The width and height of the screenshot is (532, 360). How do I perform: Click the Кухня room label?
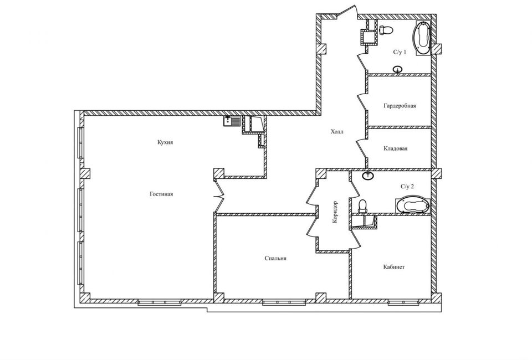point(165,142)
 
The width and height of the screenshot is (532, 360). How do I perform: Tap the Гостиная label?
point(161,194)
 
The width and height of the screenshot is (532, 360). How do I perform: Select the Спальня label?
point(275,258)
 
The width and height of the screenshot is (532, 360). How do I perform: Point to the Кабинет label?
point(394,267)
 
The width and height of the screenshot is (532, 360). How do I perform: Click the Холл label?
point(337,131)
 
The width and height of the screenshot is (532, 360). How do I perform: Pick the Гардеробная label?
point(400,106)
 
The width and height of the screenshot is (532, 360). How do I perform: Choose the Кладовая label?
point(396,148)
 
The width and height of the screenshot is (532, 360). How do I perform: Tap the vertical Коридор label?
point(335,212)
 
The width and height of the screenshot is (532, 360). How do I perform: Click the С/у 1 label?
point(400,52)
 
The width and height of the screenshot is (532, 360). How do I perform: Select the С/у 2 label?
point(407,187)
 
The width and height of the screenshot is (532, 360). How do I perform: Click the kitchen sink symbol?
point(232,121)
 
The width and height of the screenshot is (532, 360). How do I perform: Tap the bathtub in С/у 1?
point(422,38)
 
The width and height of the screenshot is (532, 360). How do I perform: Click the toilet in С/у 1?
point(386,30)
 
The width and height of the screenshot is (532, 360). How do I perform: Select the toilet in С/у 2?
point(362,207)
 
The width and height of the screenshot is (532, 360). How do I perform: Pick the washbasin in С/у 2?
point(367,175)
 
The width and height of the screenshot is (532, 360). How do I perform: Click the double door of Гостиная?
point(219,196)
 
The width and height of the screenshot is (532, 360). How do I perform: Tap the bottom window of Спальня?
point(284,302)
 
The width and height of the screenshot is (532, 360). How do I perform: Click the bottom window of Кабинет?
point(403,302)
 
